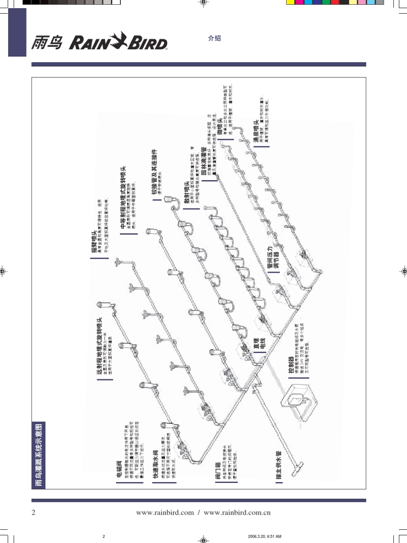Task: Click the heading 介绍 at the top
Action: [214, 38]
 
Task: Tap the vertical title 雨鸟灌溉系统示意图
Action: [39, 455]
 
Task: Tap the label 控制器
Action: [291, 365]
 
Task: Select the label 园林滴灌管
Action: [204, 166]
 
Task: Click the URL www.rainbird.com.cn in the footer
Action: [237, 513]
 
